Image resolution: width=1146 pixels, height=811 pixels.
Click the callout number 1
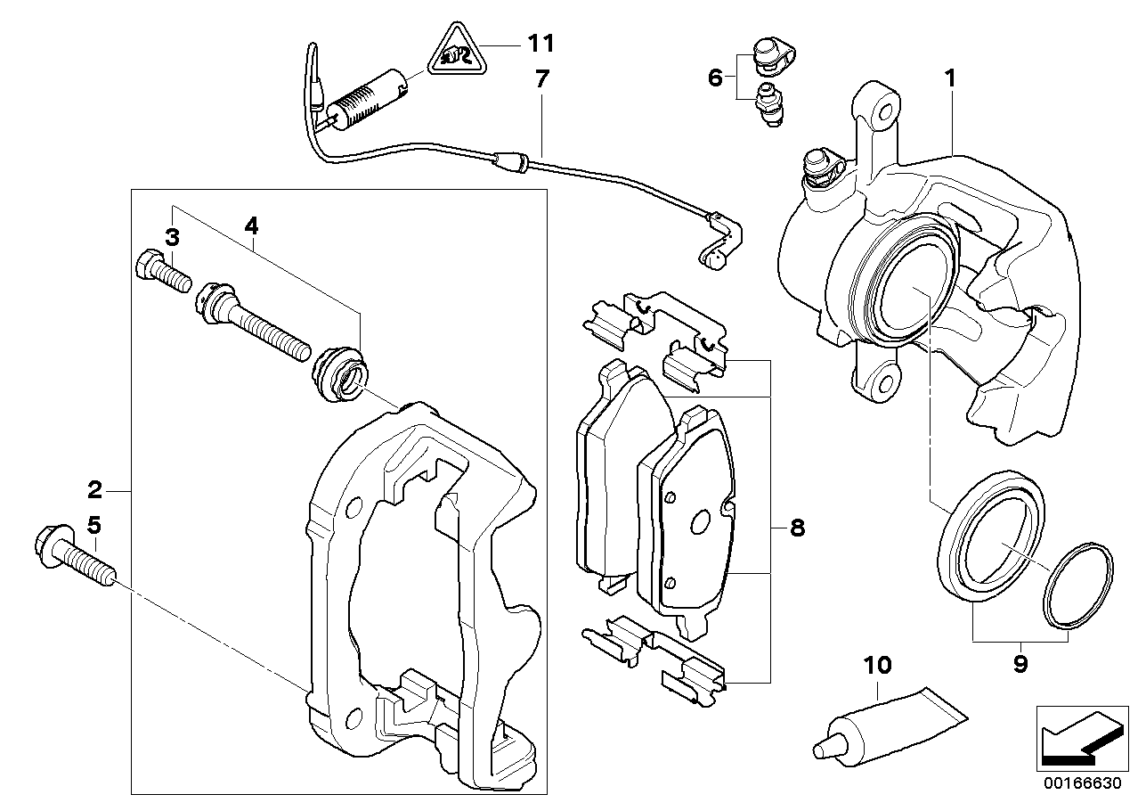pyautogui.click(x=950, y=78)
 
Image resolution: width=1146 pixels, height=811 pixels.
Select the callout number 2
pyautogui.click(x=95, y=490)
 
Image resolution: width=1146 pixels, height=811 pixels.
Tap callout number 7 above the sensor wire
pyautogui.click(x=542, y=78)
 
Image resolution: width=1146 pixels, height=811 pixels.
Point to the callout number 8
pyautogui.click(x=796, y=528)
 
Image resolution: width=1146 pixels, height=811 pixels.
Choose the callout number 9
pyautogui.click(x=1020, y=664)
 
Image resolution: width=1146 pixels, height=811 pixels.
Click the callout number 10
pyautogui.click(x=877, y=665)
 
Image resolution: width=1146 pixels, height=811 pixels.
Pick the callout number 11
pyautogui.click(x=540, y=42)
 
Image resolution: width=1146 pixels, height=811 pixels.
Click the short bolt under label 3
pyautogui.click(x=163, y=270)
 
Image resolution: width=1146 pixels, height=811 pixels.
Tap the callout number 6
pyautogui.click(x=715, y=78)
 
